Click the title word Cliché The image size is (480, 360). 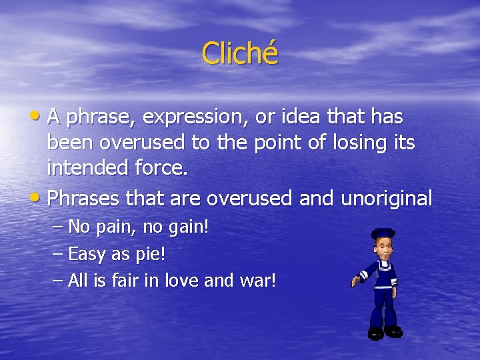point(239,53)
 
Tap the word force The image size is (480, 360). point(159,168)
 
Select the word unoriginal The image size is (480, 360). point(386,198)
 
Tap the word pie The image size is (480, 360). point(152,254)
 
